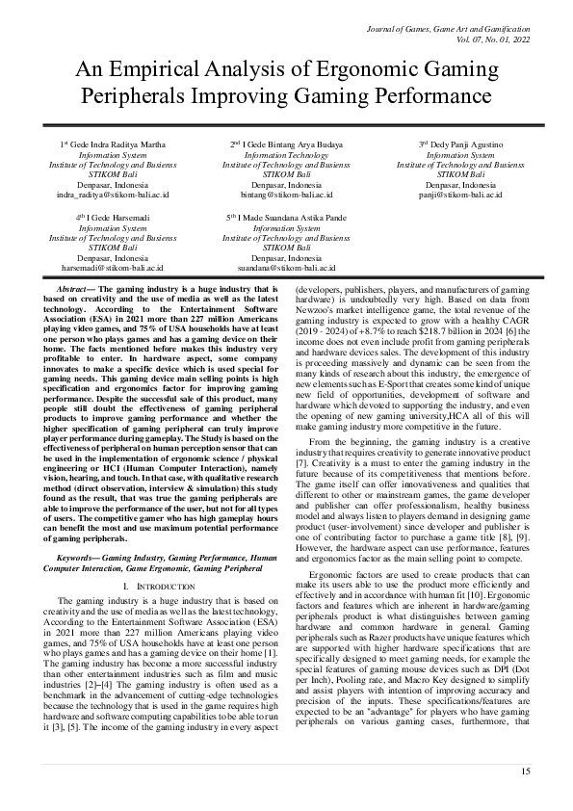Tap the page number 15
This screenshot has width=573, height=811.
pyautogui.click(x=525, y=772)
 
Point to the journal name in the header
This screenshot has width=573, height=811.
pyautogui.click(x=449, y=31)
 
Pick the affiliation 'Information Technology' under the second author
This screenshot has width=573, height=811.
pyautogui.click(x=286, y=154)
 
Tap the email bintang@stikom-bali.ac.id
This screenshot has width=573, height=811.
pyautogui.click(x=286, y=194)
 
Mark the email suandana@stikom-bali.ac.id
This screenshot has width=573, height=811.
pyautogui.click(x=286, y=268)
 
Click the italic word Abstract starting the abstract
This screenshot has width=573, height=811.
pyautogui.click(x=75, y=288)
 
